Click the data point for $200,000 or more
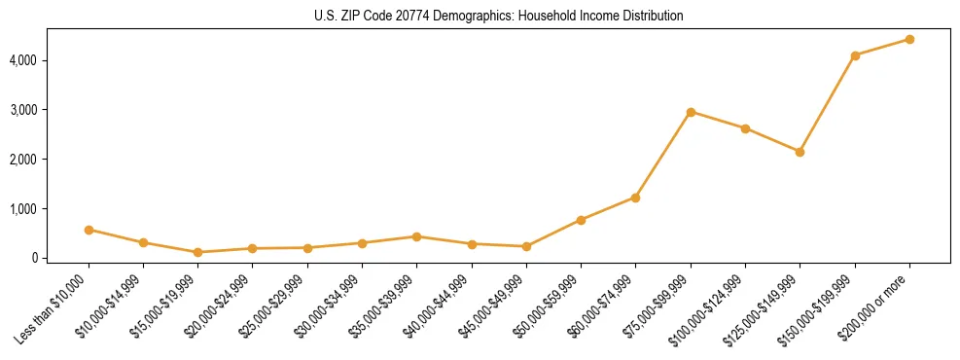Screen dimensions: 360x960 909,40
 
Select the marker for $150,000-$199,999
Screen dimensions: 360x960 855,55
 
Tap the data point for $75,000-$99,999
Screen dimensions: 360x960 691,112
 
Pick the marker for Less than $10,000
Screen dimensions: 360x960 89,230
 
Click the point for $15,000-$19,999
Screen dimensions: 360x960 197,252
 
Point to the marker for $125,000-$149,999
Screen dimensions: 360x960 800,152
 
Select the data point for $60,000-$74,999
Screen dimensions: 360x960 635,198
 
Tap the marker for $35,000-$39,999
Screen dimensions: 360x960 416,236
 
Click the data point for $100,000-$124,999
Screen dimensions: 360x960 745,128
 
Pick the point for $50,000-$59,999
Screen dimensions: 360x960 581,220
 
